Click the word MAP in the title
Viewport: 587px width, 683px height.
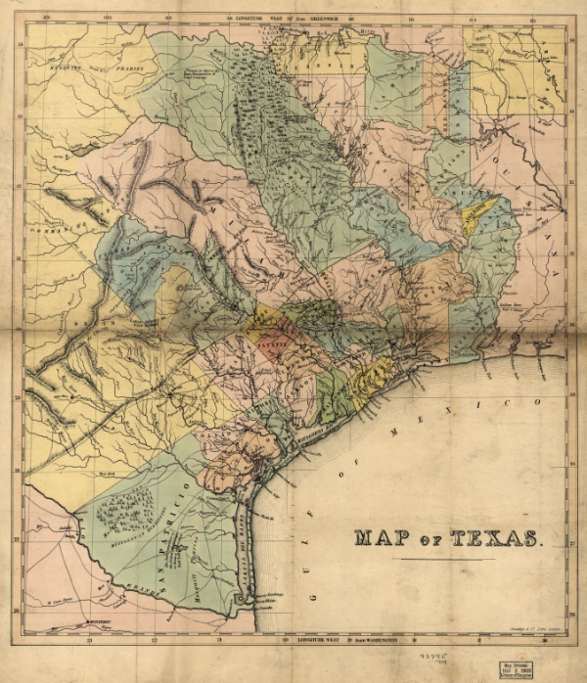382,537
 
